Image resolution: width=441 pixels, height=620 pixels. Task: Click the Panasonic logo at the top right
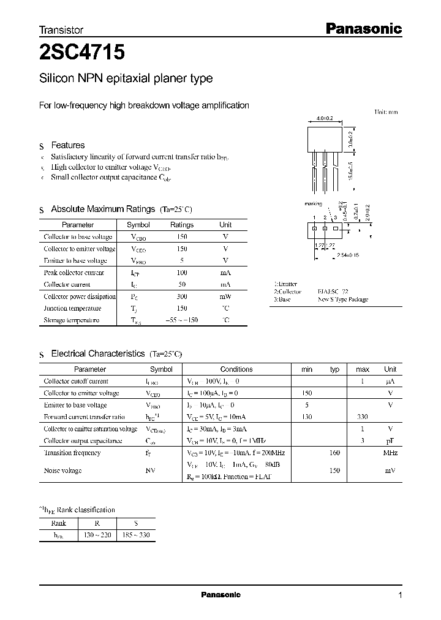[362, 28]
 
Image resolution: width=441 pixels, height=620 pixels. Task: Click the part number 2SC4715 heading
[82, 53]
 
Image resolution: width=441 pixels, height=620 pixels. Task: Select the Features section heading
[67, 145]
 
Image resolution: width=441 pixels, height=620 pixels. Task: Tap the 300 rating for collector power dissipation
[182, 297]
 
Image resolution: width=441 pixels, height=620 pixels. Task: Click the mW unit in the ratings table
[225, 297]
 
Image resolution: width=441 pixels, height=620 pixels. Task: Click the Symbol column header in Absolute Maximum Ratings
[138, 225]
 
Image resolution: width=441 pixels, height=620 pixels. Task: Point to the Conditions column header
[236, 369]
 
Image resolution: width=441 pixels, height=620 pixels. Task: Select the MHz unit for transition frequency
[390, 453]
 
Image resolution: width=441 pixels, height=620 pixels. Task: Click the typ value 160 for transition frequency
[334, 453]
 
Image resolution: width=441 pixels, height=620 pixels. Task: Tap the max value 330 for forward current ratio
[363, 417]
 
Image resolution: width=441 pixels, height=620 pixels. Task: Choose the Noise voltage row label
[62, 471]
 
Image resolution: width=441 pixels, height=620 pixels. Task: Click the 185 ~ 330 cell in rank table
[135, 535]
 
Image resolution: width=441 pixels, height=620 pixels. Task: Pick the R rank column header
[97, 523]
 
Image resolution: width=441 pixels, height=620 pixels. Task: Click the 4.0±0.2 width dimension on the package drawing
[325, 119]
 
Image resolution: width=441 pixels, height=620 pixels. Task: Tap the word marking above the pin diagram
[313, 204]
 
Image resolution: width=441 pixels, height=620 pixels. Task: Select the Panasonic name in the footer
[221, 595]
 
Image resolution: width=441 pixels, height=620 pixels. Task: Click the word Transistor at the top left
[61, 30]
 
